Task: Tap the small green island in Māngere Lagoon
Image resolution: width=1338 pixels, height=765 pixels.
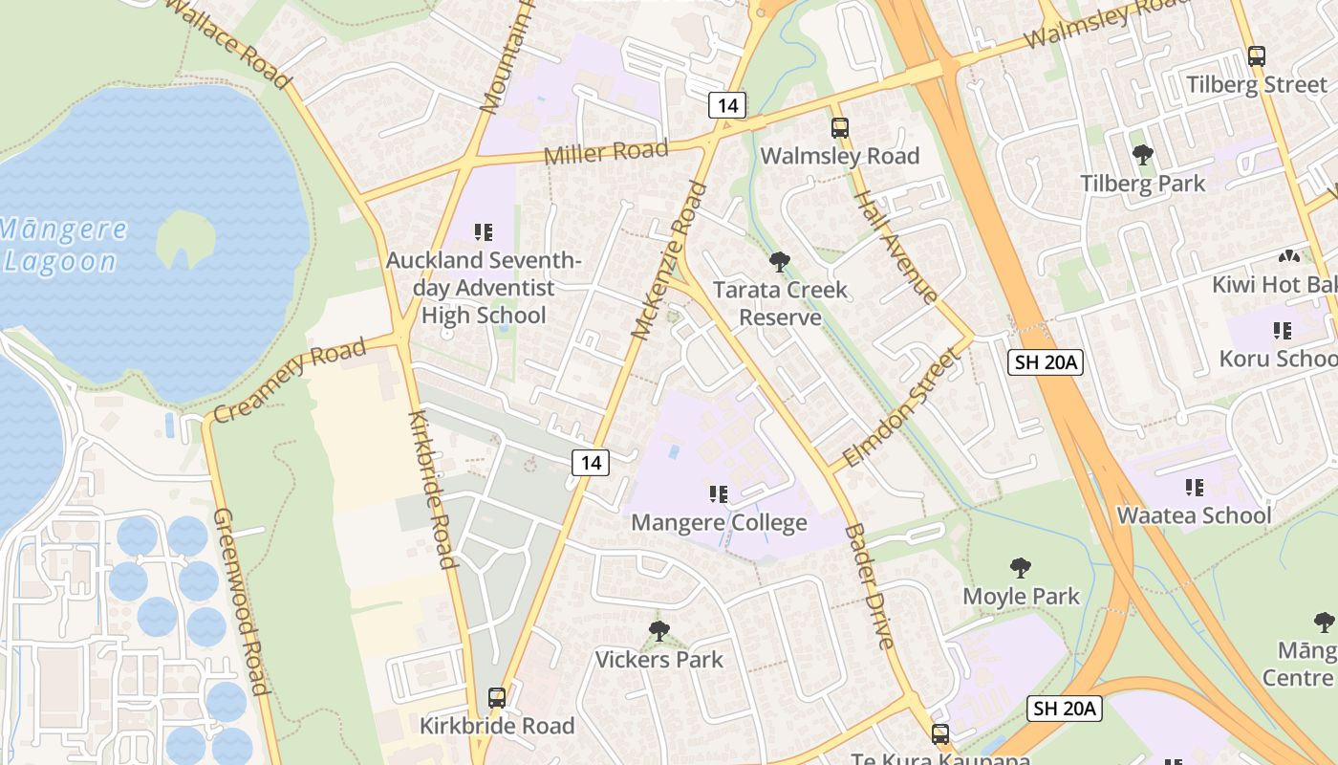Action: pos(185,237)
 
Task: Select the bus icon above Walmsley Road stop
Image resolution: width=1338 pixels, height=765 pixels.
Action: pos(839,128)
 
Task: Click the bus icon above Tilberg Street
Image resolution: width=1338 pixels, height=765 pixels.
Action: pos(1256,56)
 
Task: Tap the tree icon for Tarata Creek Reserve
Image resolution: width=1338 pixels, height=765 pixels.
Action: pos(780,261)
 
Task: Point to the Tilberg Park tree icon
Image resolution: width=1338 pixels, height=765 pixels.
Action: pos(1142,155)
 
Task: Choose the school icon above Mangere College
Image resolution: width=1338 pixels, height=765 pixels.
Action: pos(718,494)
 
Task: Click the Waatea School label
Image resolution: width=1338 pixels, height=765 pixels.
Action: pos(1194,515)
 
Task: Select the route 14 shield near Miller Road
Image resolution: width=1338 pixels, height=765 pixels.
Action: pos(726,105)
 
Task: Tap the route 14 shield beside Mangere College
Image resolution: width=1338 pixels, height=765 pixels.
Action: pos(592,463)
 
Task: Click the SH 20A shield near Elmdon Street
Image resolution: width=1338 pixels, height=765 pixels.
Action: pos(1045,361)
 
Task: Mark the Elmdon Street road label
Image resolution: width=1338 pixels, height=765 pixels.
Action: pos(901,407)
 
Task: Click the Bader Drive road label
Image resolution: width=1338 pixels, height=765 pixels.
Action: pos(869,586)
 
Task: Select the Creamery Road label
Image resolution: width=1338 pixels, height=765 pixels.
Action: pos(289,380)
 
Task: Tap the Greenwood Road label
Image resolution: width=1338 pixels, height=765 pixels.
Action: pos(241,601)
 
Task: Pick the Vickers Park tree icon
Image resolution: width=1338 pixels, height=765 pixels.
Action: pos(658,631)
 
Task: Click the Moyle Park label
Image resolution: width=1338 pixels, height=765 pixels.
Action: pos(1021,596)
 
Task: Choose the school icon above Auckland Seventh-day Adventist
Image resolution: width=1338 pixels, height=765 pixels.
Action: pos(484,231)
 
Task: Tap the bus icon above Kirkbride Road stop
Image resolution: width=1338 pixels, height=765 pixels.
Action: pos(496,698)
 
